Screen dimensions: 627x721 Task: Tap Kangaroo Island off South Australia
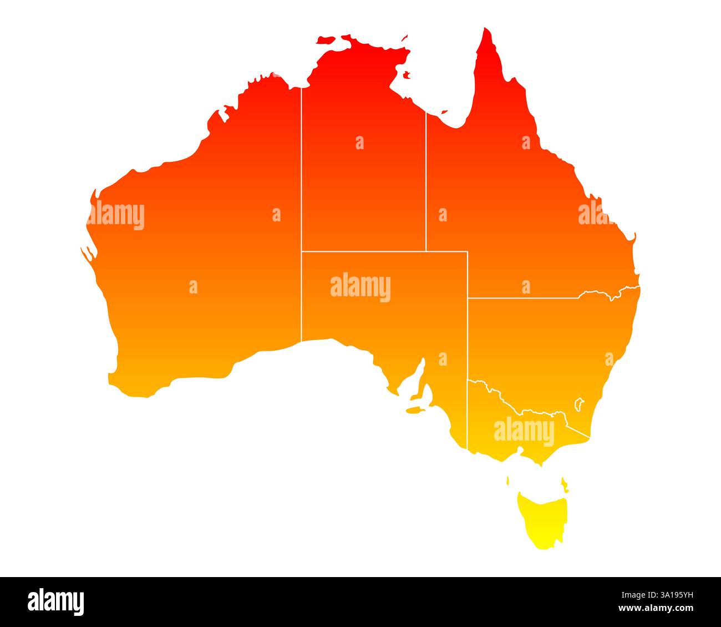414,411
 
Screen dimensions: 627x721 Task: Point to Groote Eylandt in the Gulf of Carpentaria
407,74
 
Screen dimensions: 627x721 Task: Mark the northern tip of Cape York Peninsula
486,30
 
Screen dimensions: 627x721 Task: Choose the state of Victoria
516,438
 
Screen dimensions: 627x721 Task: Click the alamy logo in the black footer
55,601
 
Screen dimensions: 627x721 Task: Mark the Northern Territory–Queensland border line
426,183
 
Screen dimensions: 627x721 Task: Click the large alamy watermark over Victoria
524,431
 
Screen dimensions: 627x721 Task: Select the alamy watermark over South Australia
360,287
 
